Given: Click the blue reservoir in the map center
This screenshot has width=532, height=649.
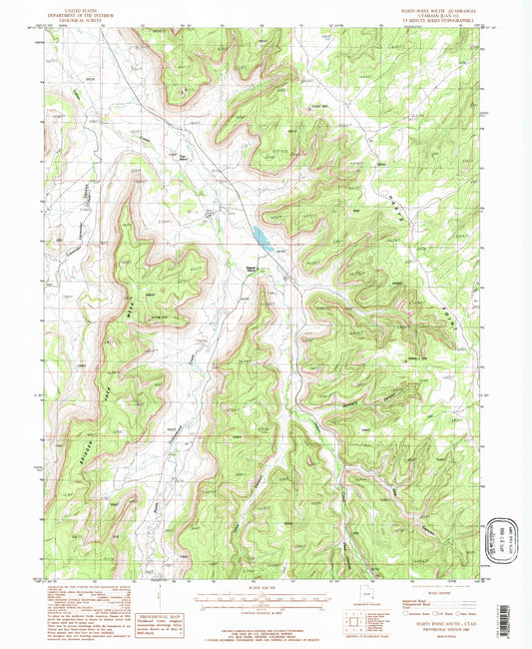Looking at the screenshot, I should click(260, 237).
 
